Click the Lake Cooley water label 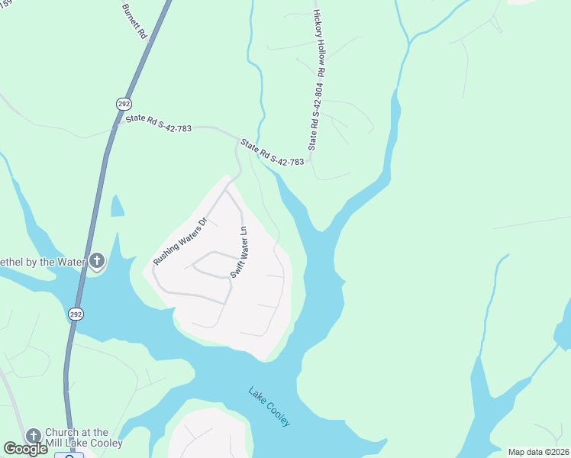pos(269,407)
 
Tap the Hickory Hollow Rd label pos(320,43)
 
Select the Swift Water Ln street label pos(239,252)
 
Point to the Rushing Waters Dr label pos(180,242)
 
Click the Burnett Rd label pos(133,21)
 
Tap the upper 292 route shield pos(123,103)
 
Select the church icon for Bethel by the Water pos(96,262)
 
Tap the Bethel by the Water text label pos(41,263)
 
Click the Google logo pos(25,449)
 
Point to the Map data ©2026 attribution pos(537,451)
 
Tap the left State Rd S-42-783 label pos(158,123)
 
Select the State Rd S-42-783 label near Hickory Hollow pos(272,152)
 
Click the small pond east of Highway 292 pos(118,205)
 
